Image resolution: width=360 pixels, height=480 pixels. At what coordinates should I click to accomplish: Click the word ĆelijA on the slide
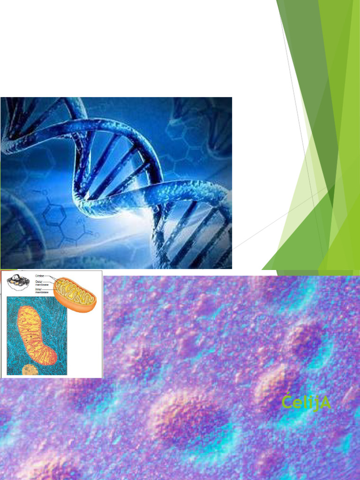click(x=307, y=403)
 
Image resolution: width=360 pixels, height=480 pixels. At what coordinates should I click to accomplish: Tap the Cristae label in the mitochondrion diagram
click(x=40, y=277)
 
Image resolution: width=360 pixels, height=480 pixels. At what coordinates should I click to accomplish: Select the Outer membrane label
click(x=41, y=283)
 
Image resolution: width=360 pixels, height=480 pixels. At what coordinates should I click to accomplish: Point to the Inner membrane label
click(x=41, y=290)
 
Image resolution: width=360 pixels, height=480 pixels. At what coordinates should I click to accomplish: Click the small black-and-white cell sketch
click(x=18, y=281)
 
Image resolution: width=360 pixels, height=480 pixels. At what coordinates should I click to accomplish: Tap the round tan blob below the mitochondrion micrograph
click(x=30, y=370)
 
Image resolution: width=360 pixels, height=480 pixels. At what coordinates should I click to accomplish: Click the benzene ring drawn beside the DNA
click(x=53, y=214)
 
